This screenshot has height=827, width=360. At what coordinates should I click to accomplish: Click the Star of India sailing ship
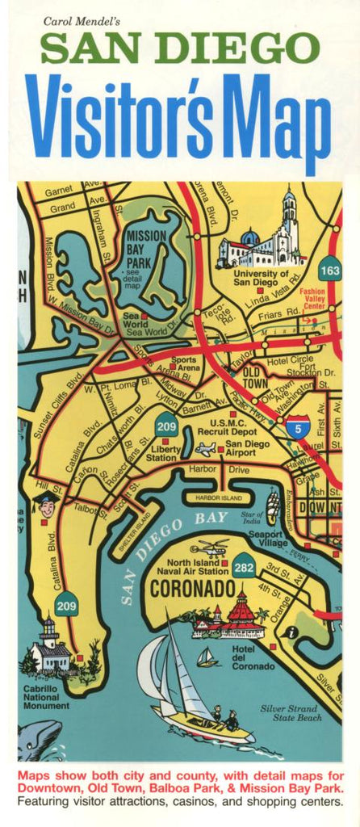tap(274, 507)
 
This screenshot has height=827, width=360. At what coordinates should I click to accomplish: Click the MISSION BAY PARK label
tap(146, 246)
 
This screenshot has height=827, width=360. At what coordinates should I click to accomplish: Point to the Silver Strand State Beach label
tap(291, 712)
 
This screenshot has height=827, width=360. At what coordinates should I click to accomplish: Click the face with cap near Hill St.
tap(47, 507)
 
